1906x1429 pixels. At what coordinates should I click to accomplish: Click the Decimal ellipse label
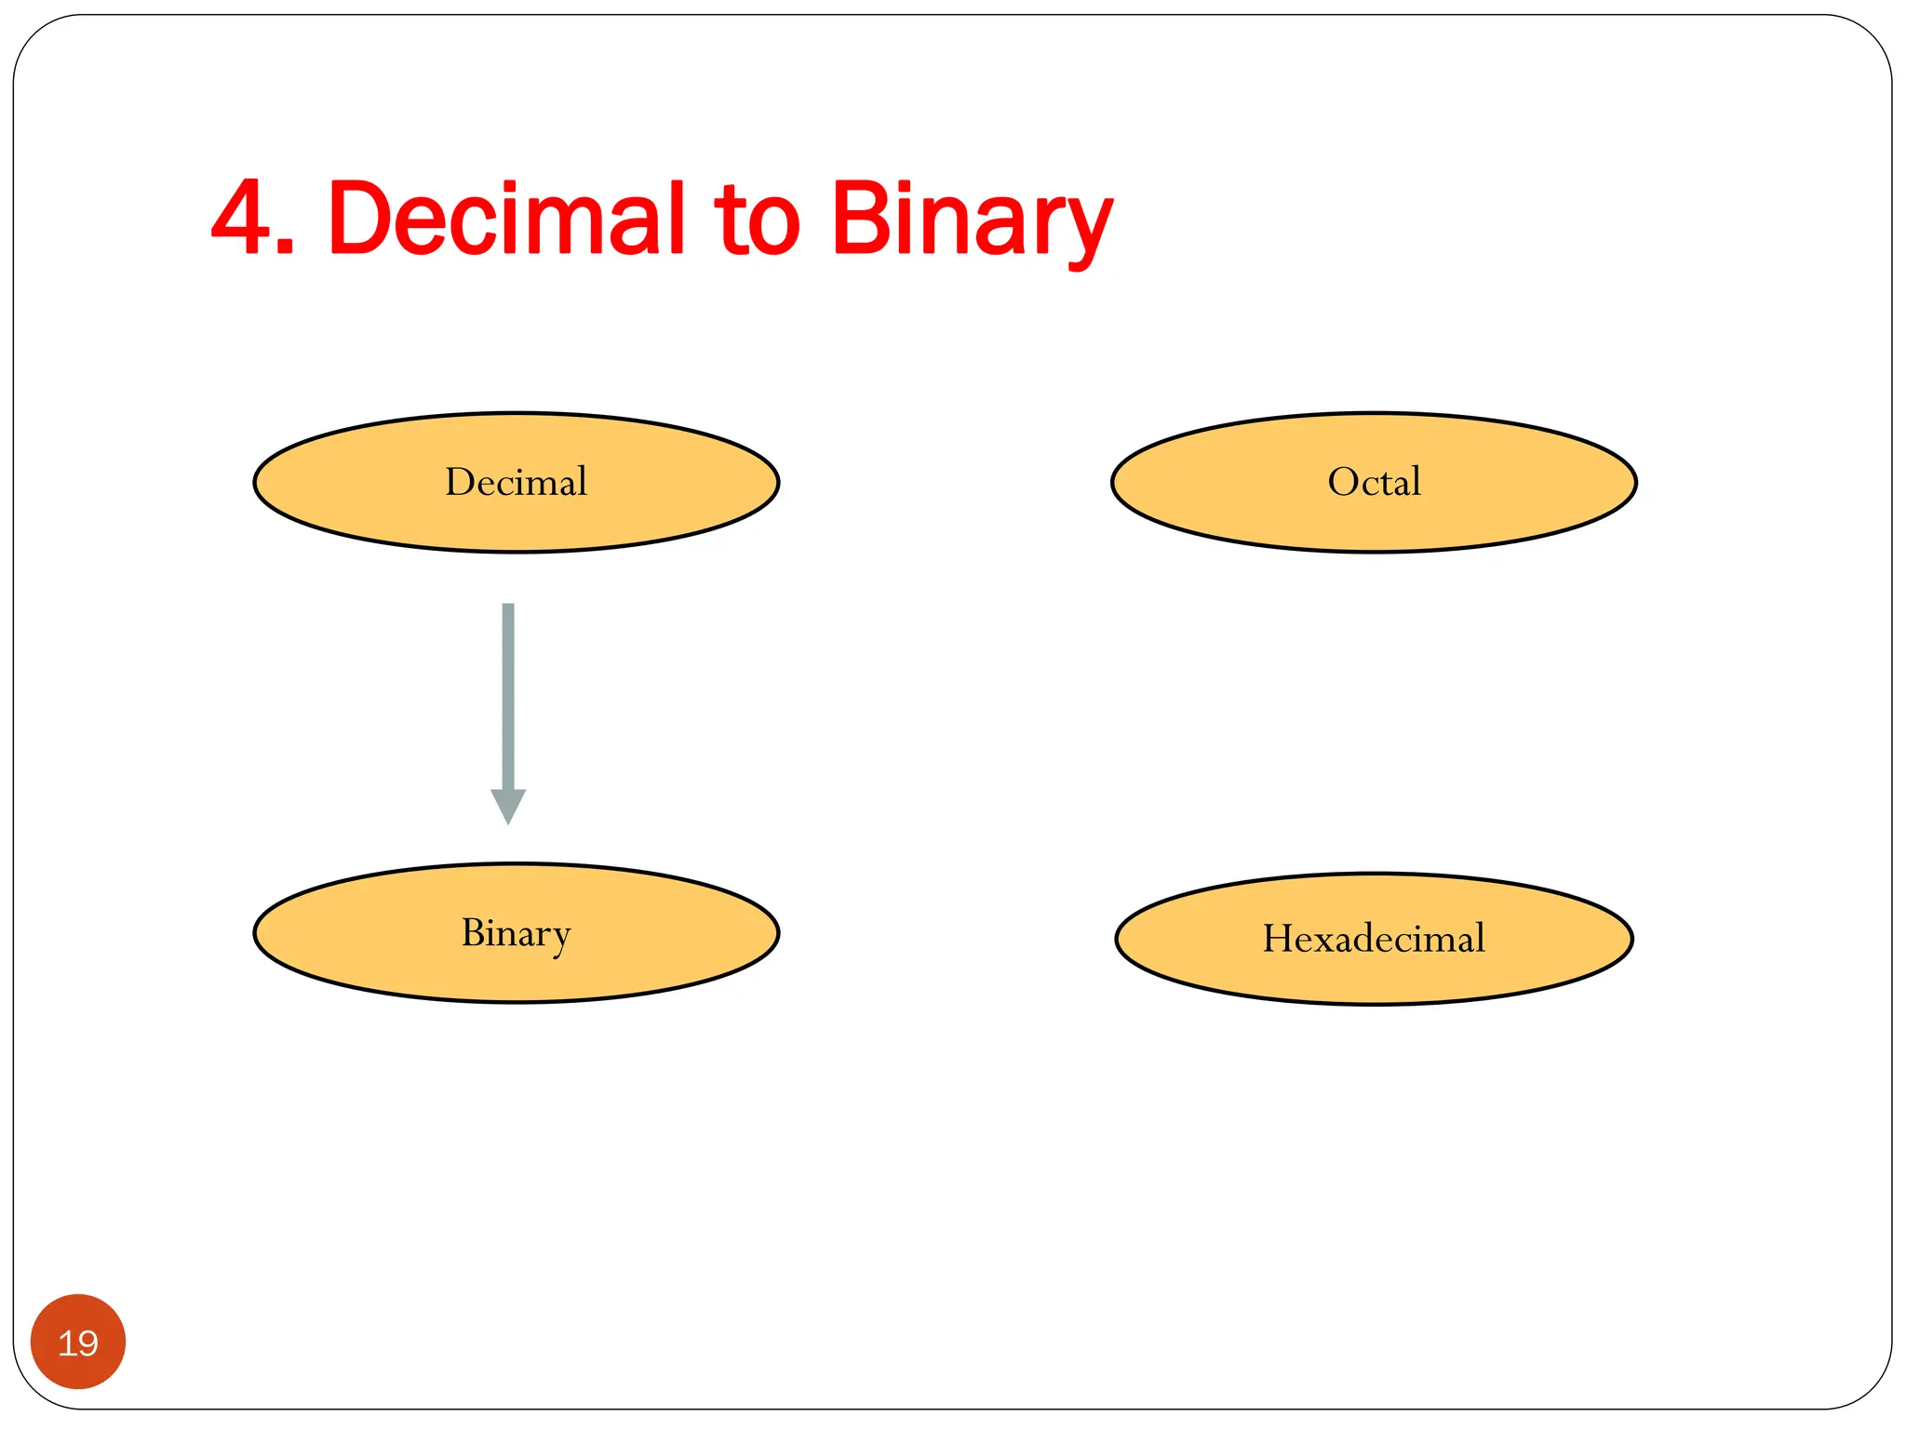(516, 482)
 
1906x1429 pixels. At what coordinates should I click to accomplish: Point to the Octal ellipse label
(1374, 482)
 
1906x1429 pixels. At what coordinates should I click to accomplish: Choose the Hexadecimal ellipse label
(1374, 938)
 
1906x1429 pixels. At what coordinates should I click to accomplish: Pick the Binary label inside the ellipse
(516, 933)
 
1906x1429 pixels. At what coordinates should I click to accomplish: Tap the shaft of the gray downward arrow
(508, 693)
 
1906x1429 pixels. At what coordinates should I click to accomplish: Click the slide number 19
(78, 1343)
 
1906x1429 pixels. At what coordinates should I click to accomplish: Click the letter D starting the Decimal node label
(459, 482)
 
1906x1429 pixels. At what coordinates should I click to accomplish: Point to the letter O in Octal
(1343, 482)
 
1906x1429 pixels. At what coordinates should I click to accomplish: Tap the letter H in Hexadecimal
(1278, 938)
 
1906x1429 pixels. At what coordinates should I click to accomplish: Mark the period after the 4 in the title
(286, 247)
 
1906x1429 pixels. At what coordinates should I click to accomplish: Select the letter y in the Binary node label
(560, 938)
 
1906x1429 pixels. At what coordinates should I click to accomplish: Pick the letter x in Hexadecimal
(1320, 940)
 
